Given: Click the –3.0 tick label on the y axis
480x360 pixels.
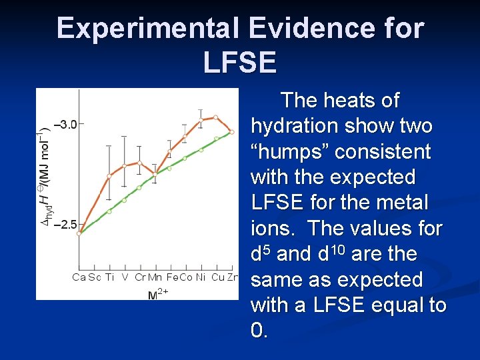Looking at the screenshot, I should (x=64, y=124).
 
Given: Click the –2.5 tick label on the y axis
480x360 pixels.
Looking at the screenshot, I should (x=64, y=225).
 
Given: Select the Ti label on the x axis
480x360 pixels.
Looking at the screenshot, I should (x=109, y=277).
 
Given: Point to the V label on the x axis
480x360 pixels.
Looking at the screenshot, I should (x=125, y=277).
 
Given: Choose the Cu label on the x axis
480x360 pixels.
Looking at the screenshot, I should (x=217, y=277).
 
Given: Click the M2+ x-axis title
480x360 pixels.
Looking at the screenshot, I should (x=157, y=293).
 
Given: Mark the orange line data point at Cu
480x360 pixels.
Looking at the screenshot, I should (x=215, y=117).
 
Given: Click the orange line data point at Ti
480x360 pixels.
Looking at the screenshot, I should (x=109, y=176).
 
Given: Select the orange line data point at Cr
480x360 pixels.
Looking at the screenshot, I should (x=140, y=163).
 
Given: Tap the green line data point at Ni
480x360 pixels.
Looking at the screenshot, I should (x=201, y=150).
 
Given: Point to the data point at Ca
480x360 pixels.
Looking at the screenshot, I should (x=79, y=233).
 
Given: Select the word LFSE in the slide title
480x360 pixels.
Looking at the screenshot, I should (x=239, y=63).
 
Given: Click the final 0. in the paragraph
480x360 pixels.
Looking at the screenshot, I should (x=259, y=330).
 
